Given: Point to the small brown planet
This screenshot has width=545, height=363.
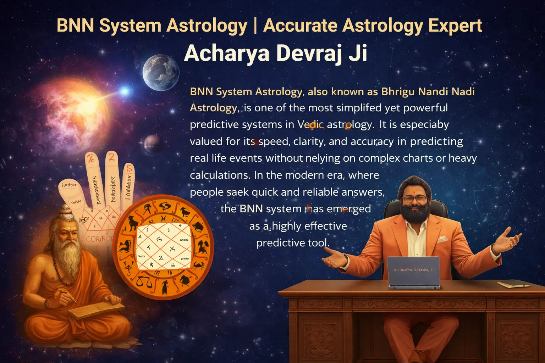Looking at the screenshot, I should tap(153, 144).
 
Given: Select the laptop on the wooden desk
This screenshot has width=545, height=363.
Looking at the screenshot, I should tap(413, 272).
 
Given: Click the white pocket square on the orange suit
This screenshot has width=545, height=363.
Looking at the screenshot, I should tap(442, 239).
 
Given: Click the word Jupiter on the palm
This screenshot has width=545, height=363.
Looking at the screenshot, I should tap(69, 185).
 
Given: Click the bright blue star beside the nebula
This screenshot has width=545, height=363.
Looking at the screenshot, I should tap(125, 91).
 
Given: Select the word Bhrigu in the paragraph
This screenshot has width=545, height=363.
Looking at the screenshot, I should tap(398, 91).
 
